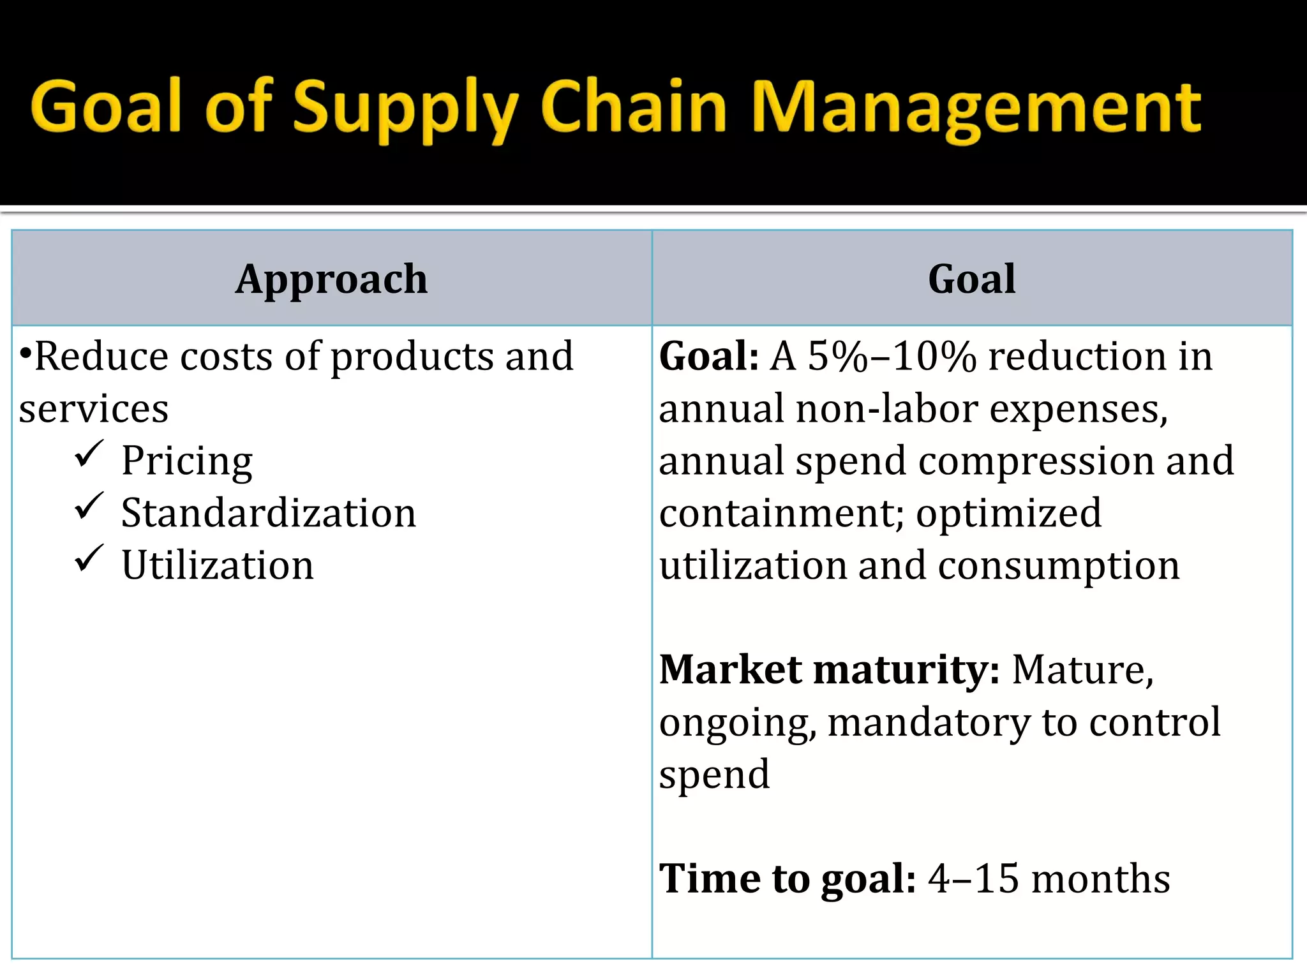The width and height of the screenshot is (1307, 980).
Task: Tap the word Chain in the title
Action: [633, 107]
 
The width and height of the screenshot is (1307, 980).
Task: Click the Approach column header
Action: [331, 279]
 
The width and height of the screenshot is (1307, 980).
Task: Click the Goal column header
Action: [971, 279]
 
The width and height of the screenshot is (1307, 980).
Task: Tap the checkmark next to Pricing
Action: [89, 454]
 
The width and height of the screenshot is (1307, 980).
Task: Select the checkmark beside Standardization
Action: [89, 507]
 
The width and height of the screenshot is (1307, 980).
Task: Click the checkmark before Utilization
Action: [89, 559]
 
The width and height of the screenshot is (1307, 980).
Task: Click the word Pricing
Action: [187, 461]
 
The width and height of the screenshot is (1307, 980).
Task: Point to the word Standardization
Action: [269, 513]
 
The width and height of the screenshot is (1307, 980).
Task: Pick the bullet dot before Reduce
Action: [25, 352]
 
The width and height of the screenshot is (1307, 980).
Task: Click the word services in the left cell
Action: [94, 409]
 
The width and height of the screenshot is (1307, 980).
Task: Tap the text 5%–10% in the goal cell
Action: [892, 356]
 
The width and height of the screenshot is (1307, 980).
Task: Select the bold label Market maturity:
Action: [829, 670]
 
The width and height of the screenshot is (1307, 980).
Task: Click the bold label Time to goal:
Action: [788, 879]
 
